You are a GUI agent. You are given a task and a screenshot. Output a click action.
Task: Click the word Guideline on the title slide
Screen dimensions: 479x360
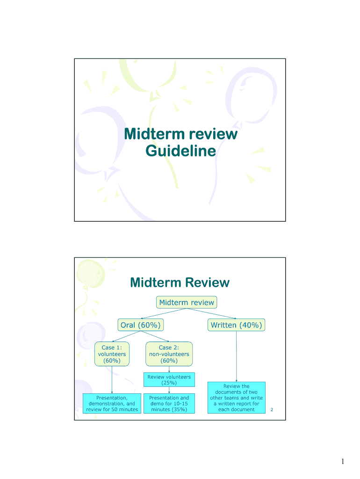click(x=180, y=152)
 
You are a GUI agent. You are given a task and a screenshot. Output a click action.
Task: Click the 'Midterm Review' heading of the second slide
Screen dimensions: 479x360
click(x=180, y=283)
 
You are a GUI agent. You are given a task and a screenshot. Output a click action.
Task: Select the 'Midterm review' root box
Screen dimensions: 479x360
click(x=187, y=302)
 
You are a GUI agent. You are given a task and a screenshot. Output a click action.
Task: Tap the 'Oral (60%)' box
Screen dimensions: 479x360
click(x=141, y=325)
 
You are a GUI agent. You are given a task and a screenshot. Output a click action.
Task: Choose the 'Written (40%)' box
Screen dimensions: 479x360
click(x=236, y=325)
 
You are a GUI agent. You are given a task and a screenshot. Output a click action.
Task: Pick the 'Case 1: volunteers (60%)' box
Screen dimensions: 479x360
click(x=112, y=354)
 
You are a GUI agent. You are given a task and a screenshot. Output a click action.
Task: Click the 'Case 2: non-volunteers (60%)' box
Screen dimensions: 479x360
click(x=168, y=354)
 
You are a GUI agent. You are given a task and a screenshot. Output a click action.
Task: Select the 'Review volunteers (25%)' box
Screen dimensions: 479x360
click(x=169, y=379)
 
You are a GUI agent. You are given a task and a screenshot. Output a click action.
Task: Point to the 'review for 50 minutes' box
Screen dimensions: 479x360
click(x=112, y=403)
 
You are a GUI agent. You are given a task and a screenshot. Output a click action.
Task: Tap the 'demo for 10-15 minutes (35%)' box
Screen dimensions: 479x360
click(x=169, y=403)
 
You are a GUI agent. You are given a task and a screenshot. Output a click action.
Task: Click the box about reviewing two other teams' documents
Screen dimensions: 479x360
click(x=236, y=398)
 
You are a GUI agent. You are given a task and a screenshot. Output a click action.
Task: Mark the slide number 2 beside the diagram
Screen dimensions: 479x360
click(x=272, y=410)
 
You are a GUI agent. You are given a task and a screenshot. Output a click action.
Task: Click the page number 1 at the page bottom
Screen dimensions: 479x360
click(x=342, y=462)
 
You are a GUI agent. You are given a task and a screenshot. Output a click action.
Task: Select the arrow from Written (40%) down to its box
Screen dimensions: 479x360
click(x=237, y=356)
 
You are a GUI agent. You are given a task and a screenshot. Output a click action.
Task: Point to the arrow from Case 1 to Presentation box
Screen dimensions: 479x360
click(x=112, y=380)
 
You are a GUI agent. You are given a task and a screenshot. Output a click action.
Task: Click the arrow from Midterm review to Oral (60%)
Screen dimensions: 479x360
click(x=164, y=313)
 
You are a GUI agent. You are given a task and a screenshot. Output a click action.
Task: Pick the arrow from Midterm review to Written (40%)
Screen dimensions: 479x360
click(x=210, y=313)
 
